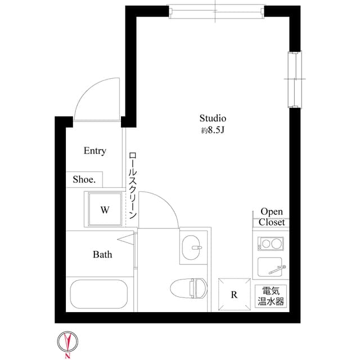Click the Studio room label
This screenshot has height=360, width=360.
[x=213, y=119]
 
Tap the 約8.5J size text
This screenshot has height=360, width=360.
[x=213, y=130]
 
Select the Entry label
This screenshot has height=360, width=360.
[x=94, y=151]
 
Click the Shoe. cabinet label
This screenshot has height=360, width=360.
[x=84, y=180]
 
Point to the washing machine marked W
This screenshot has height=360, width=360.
[x=104, y=210]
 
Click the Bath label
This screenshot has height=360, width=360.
[x=102, y=254]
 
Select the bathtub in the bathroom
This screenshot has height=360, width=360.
[x=98, y=294]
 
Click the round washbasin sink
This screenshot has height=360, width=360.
[x=194, y=246]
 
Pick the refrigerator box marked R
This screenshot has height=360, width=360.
[x=233, y=294]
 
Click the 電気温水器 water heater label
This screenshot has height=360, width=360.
[x=271, y=296]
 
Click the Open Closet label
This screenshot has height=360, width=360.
[x=272, y=217]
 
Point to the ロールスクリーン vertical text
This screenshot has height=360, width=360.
[x=133, y=186]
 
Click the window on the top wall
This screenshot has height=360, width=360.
[x=217, y=11]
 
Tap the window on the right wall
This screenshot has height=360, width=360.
[x=294, y=80]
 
